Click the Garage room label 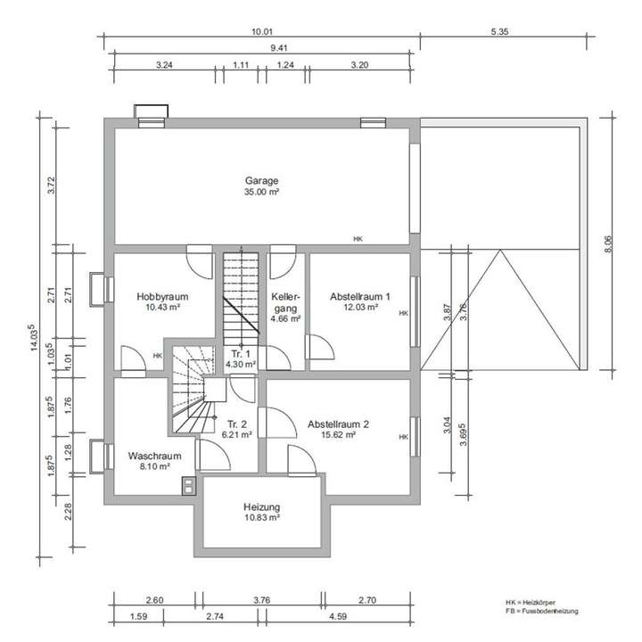point(261,180)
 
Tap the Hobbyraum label point(162,296)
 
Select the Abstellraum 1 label point(360,296)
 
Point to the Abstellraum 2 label point(338,424)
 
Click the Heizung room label point(261,506)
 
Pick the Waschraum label point(155,456)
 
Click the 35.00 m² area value point(261,192)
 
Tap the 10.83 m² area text point(261,517)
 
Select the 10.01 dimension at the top point(262,31)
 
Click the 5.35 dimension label point(500,31)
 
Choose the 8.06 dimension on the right point(608,243)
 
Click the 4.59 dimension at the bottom point(338,616)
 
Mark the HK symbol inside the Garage point(358,239)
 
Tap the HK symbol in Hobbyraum point(158,356)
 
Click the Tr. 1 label point(241,354)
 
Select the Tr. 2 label point(237,424)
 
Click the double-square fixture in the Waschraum point(188,486)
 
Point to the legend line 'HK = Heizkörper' point(531,602)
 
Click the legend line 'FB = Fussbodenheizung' point(542,611)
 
